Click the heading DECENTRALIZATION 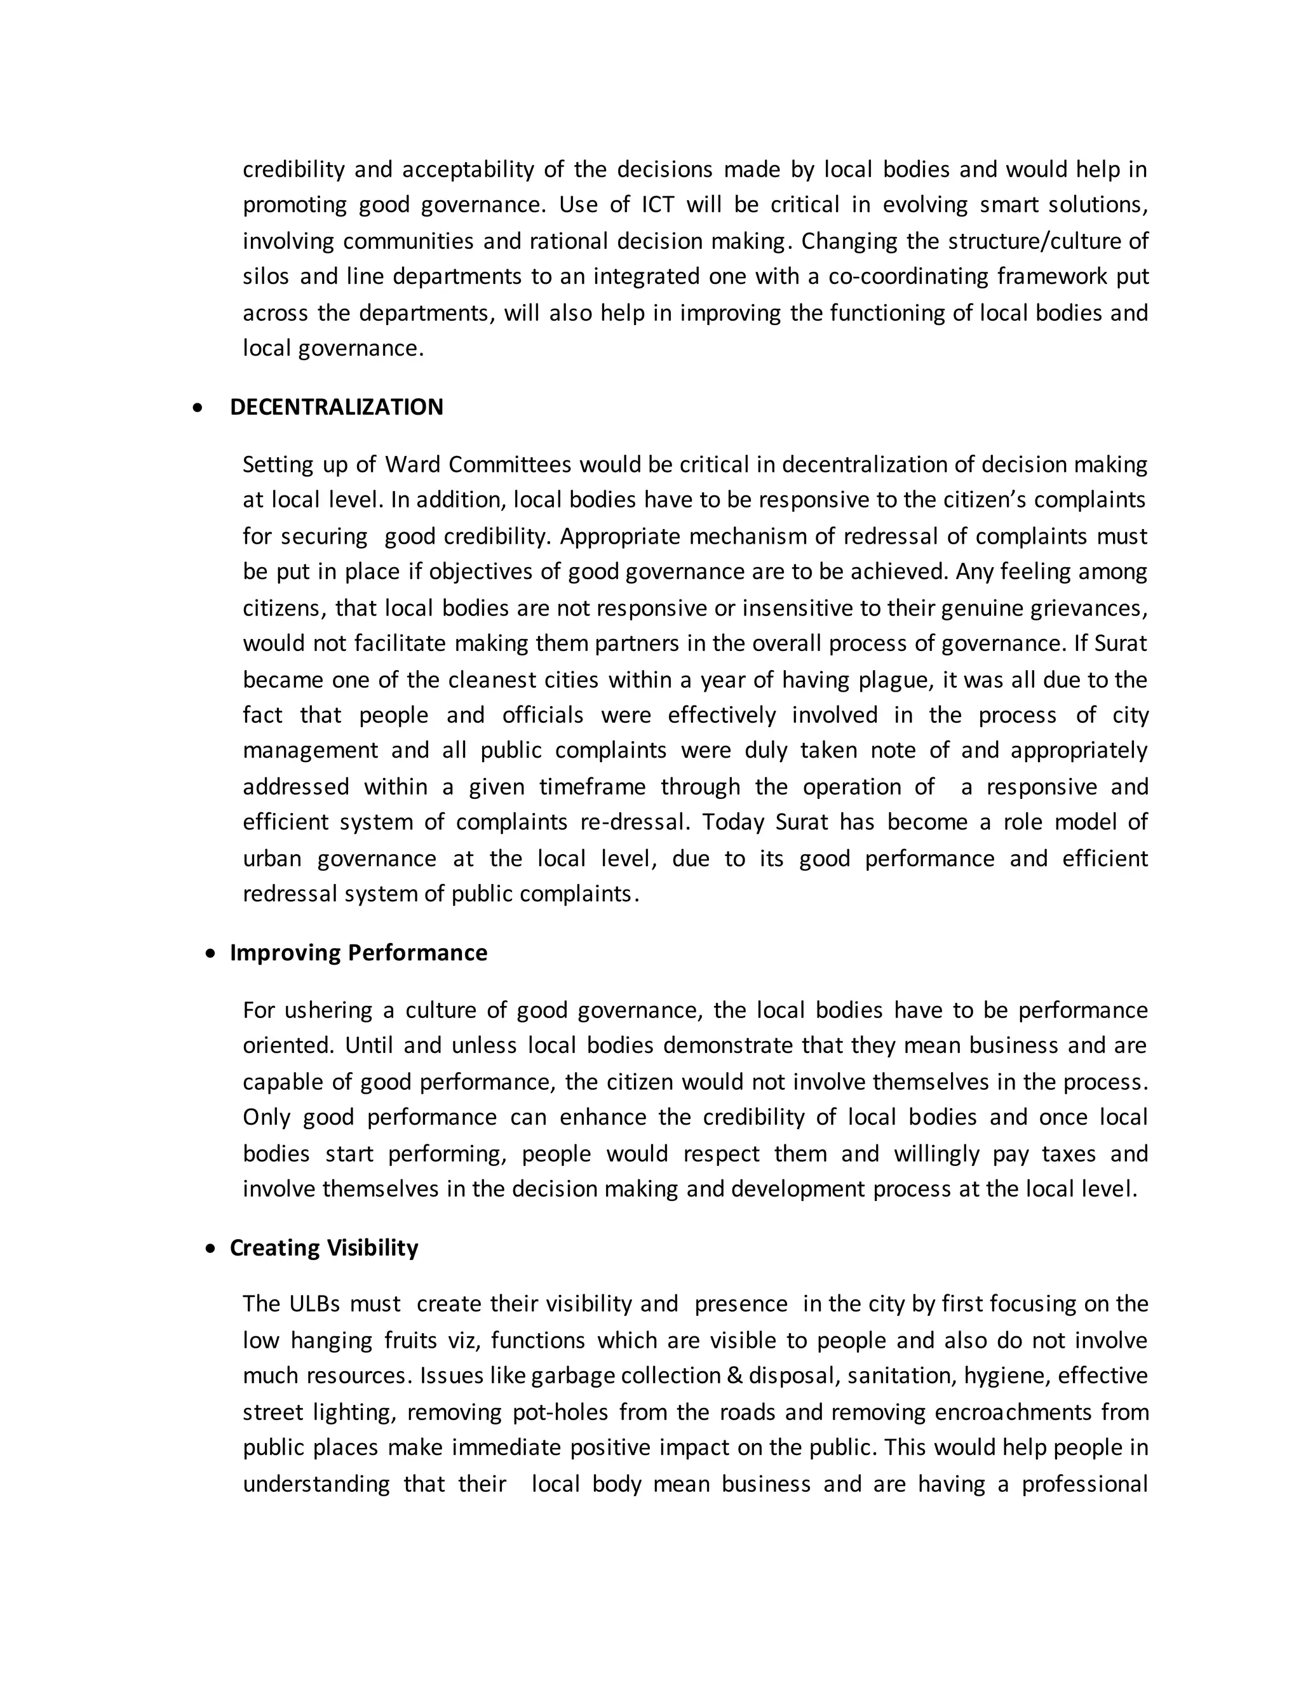[x=336, y=407]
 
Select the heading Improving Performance [x=358, y=953]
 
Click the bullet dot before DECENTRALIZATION [x=199, y=408]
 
